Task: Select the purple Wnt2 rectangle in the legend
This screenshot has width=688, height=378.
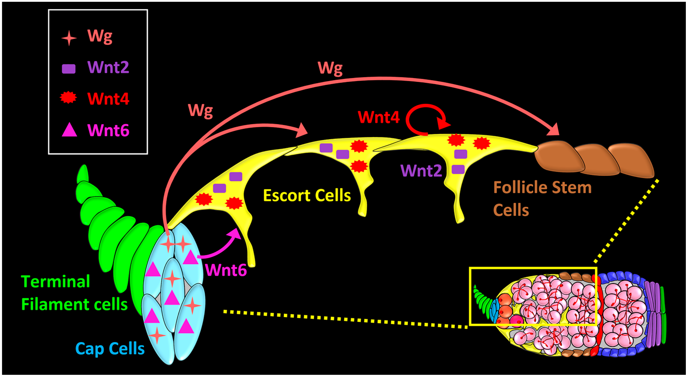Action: click(69, 69)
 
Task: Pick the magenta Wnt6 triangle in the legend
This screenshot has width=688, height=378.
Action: click(69, 131)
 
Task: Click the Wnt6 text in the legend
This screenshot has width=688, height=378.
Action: click(108, 131)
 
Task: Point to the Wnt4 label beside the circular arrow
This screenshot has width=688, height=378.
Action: click(378, 117)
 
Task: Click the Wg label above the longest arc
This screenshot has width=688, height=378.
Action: click(330, 68)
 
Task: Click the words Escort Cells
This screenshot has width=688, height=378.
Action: click(307, 195)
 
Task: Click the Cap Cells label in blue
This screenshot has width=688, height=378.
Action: click(110, 349)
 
